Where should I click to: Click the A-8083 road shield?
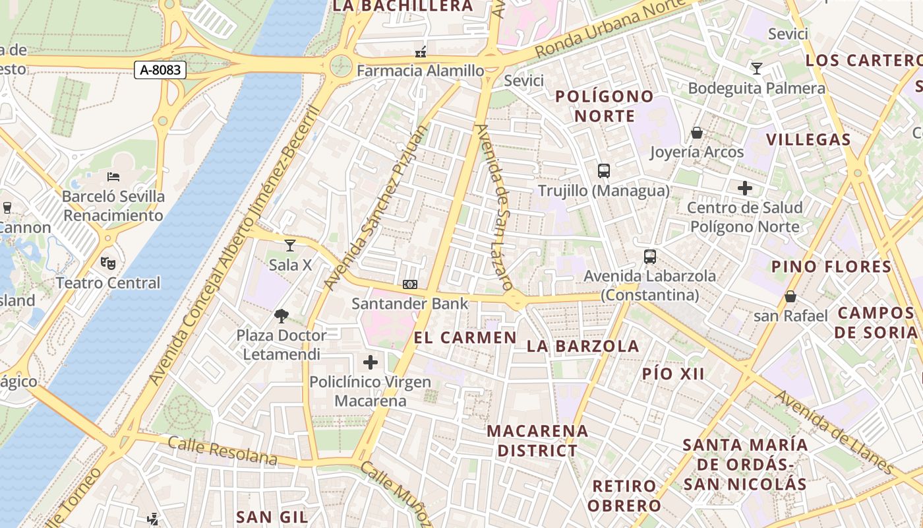click(160, 70)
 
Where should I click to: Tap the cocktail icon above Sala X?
click(290, 246)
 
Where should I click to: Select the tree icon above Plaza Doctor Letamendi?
click(282, 316)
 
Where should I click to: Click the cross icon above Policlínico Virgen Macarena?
click(371, 362)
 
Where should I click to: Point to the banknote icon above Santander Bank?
click(410, 284)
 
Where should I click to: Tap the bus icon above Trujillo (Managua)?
click(603, 171)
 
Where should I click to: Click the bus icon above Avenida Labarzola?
click(650, 257)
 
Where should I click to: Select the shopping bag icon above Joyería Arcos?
click(697, 133)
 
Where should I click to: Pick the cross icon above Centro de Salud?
click(745, 189)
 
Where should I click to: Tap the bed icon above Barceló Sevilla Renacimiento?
click(113, 177)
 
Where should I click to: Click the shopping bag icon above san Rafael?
click(790, 296)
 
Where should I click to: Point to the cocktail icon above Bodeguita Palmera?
click(757, 69)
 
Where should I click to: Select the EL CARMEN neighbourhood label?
click(465, 337)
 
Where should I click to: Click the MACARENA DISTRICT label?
click(537, 441)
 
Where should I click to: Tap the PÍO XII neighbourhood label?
click(673, 374)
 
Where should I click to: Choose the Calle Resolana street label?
click(222, 450)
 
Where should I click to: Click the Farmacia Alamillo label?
click(421, 70)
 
